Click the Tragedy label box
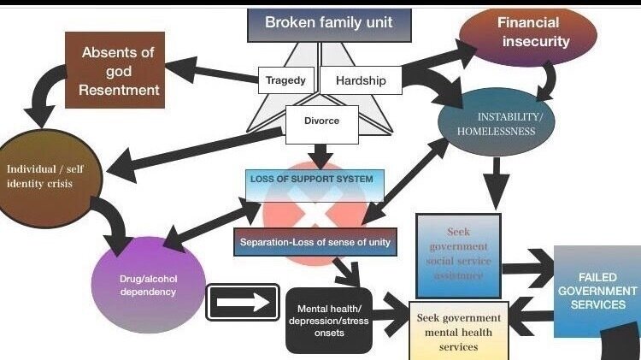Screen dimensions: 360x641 [x=286, y=80]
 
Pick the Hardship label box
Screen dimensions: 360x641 [x=360, y=80]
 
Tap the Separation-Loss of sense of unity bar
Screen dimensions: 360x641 [x=315, y=243]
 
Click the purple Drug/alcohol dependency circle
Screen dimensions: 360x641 [x=148, y=285]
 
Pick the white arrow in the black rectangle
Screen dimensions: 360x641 [x=243, y=302]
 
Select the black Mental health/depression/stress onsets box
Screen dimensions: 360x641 [x=329, y=320]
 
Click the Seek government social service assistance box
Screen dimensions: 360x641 [x=458, y=254]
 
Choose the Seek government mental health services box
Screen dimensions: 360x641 [x=459, y=330]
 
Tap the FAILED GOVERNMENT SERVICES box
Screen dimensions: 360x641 [x=597, y=292]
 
